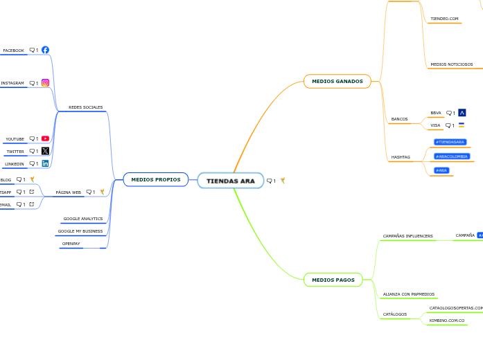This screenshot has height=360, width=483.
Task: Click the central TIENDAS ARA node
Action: click(231, 181)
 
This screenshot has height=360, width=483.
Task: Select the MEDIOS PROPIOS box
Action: click(155, 180)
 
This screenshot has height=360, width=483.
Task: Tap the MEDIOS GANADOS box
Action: click(337, 81)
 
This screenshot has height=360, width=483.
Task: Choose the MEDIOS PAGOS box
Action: click(333, 280)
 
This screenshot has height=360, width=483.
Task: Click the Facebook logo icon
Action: click(45, 50)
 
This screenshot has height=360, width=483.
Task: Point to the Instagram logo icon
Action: click(45, 83)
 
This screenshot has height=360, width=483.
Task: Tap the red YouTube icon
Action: click(45, 138)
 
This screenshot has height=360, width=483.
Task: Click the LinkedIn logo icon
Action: click(45, 163)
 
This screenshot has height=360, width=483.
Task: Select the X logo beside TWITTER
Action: click(45, 151)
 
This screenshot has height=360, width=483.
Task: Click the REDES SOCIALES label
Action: click(86, 107)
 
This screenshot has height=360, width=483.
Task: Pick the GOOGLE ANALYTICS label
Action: click(83, 219)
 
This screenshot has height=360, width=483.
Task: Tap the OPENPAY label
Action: click(71, 244)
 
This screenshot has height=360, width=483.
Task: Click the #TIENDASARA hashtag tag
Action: click(450, 142)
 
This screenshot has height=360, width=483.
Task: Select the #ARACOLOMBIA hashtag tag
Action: click(452, 156)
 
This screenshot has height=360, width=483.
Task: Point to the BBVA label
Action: click(436, 113)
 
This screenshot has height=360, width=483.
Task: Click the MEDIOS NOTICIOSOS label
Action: click(452, 64)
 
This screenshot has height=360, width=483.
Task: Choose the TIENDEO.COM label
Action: click(444, 19)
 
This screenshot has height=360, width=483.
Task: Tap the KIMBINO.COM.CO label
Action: click(447, 321)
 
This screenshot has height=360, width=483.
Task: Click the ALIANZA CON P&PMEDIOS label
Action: click(409, 294)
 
